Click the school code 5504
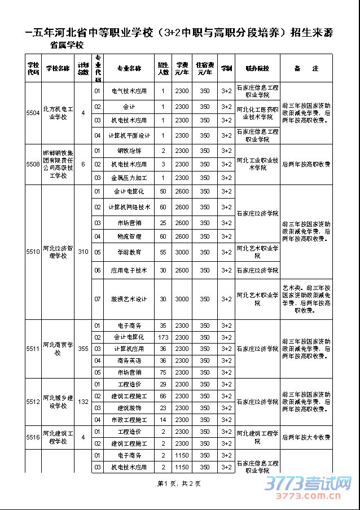33,113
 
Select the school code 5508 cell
33,164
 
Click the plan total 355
83,349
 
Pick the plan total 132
83,402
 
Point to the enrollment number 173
164,337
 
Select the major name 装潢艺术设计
129,299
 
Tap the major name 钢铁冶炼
129,151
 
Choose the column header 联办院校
257,68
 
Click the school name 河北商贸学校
58,349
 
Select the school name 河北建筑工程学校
58,437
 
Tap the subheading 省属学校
67,45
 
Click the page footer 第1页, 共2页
179,483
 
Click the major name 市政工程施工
129,420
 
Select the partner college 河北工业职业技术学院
257,164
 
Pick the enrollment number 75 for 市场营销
164,372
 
